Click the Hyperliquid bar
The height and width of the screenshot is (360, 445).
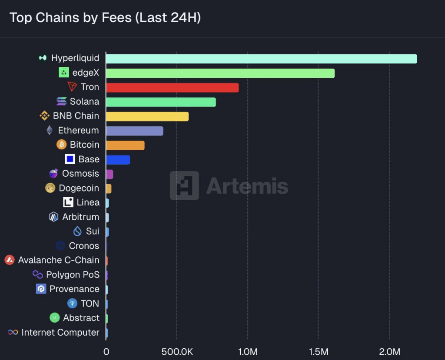pyautogui.click(x=261, y=59)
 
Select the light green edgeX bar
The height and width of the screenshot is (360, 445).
pyautogui.click(x=220, y=73)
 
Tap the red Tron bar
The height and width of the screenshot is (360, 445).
pyautogui.click(x=172, y=87)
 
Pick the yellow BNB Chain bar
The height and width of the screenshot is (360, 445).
pyautogui.click(x=147, y=116)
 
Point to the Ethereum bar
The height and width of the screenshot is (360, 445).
pyautogui.click(x=135, y=131)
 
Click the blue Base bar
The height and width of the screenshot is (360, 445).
pyautogui.click(x=118, y=160)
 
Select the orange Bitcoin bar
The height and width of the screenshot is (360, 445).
pyautogui.click(x=125, y=145)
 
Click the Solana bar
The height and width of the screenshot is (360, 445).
pyautogui.click(x=161, y=102)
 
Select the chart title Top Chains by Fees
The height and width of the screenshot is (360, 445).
pyautogui.click(x=105, y=18)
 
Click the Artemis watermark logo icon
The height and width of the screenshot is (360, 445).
pyautogui.click(x=184, y=186)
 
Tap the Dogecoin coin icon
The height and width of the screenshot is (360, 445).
pyautogui.click(x=51, y=188)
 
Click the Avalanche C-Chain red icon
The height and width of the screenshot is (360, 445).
pyautogui.click(x=10, y=260)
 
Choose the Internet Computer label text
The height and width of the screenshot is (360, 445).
pyautogui.click(x=60, y=333)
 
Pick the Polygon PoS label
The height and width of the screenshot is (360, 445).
pyautogui.click(x=73, y=275)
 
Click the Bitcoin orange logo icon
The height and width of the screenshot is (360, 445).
pyautogui.click(x=62, y=145)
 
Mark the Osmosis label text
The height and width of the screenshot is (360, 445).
pyautogui.click(x=80, y=174)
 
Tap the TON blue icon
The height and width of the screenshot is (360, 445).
pyautogui.click(x=72, y=304)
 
